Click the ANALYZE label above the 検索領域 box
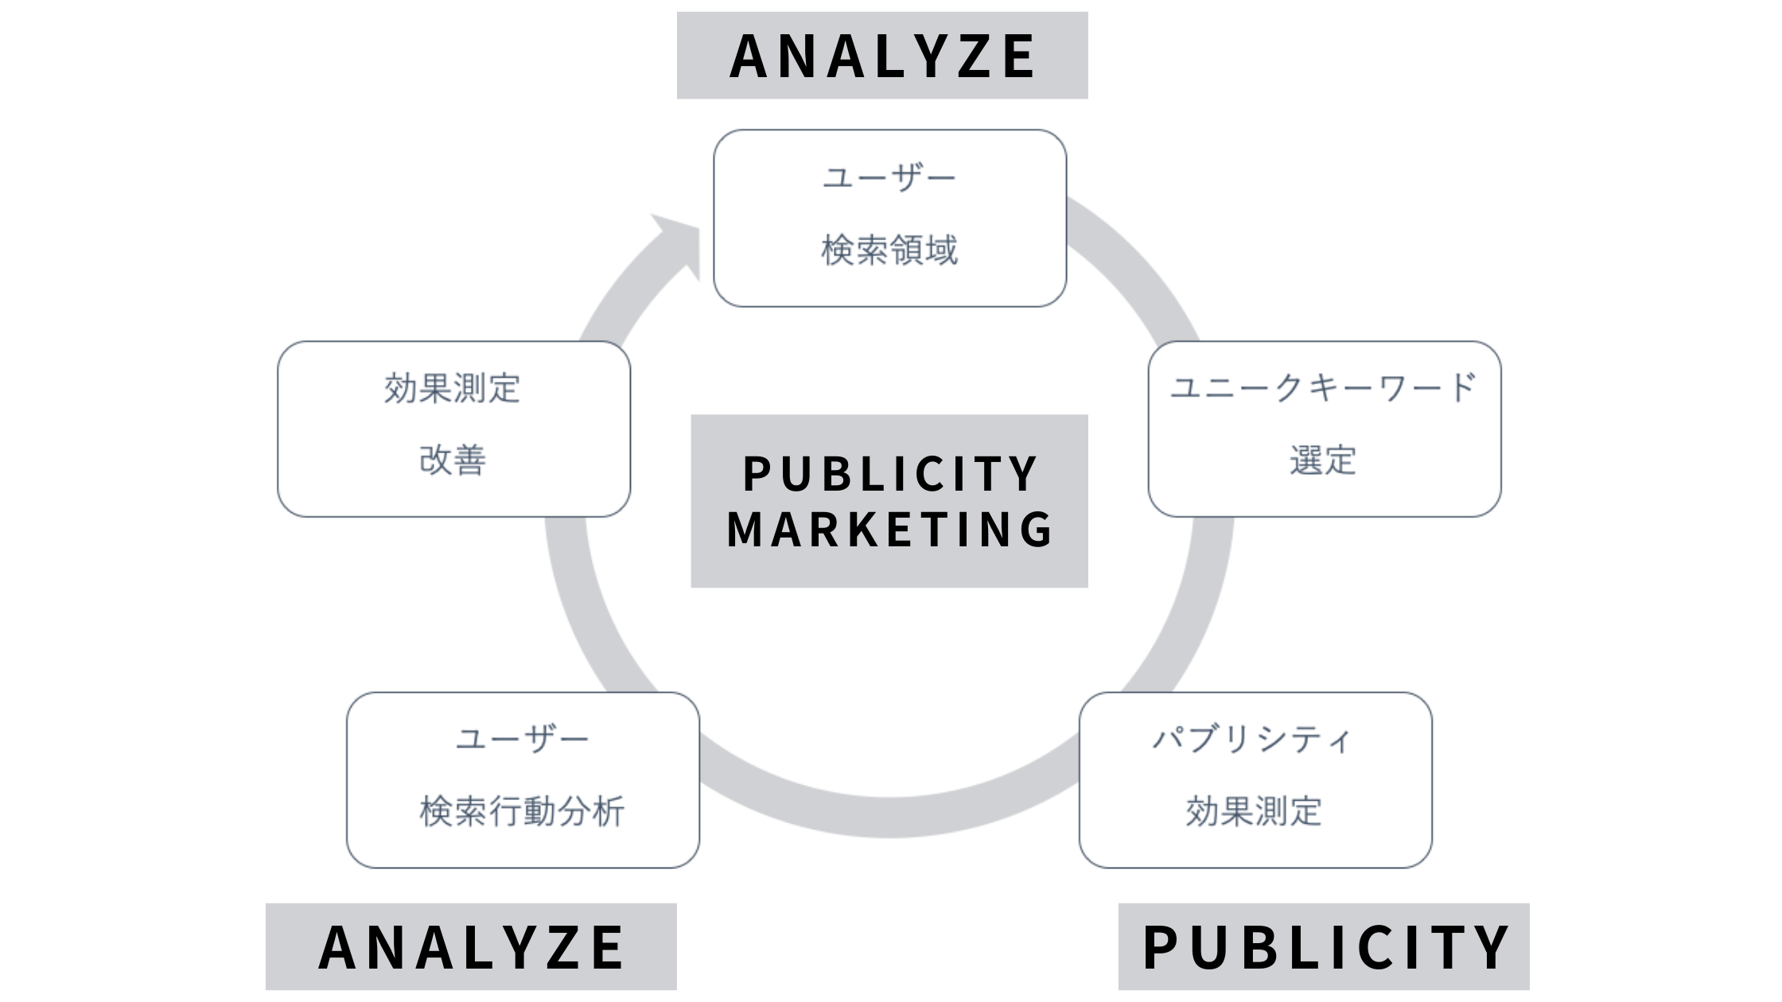coord(882,56)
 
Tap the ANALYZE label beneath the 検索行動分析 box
coord(471,947)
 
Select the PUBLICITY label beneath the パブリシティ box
coord(1325,947)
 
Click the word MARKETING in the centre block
coord(890,530)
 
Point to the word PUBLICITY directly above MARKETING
coord(890,474)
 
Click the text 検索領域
coord(889,250)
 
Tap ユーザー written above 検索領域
coord(889,178)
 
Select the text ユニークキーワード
coord(1324,388)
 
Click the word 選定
coord(1324,460)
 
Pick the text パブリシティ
coord(1253,740)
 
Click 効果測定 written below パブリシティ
coord(1255,811)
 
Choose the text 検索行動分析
coord(523,811)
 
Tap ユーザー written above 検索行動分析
coord(523,740)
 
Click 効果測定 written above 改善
coord(453,389)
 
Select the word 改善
coord(453,460)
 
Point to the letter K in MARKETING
coord(866,530)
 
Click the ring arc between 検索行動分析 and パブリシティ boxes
coord(889,818)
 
